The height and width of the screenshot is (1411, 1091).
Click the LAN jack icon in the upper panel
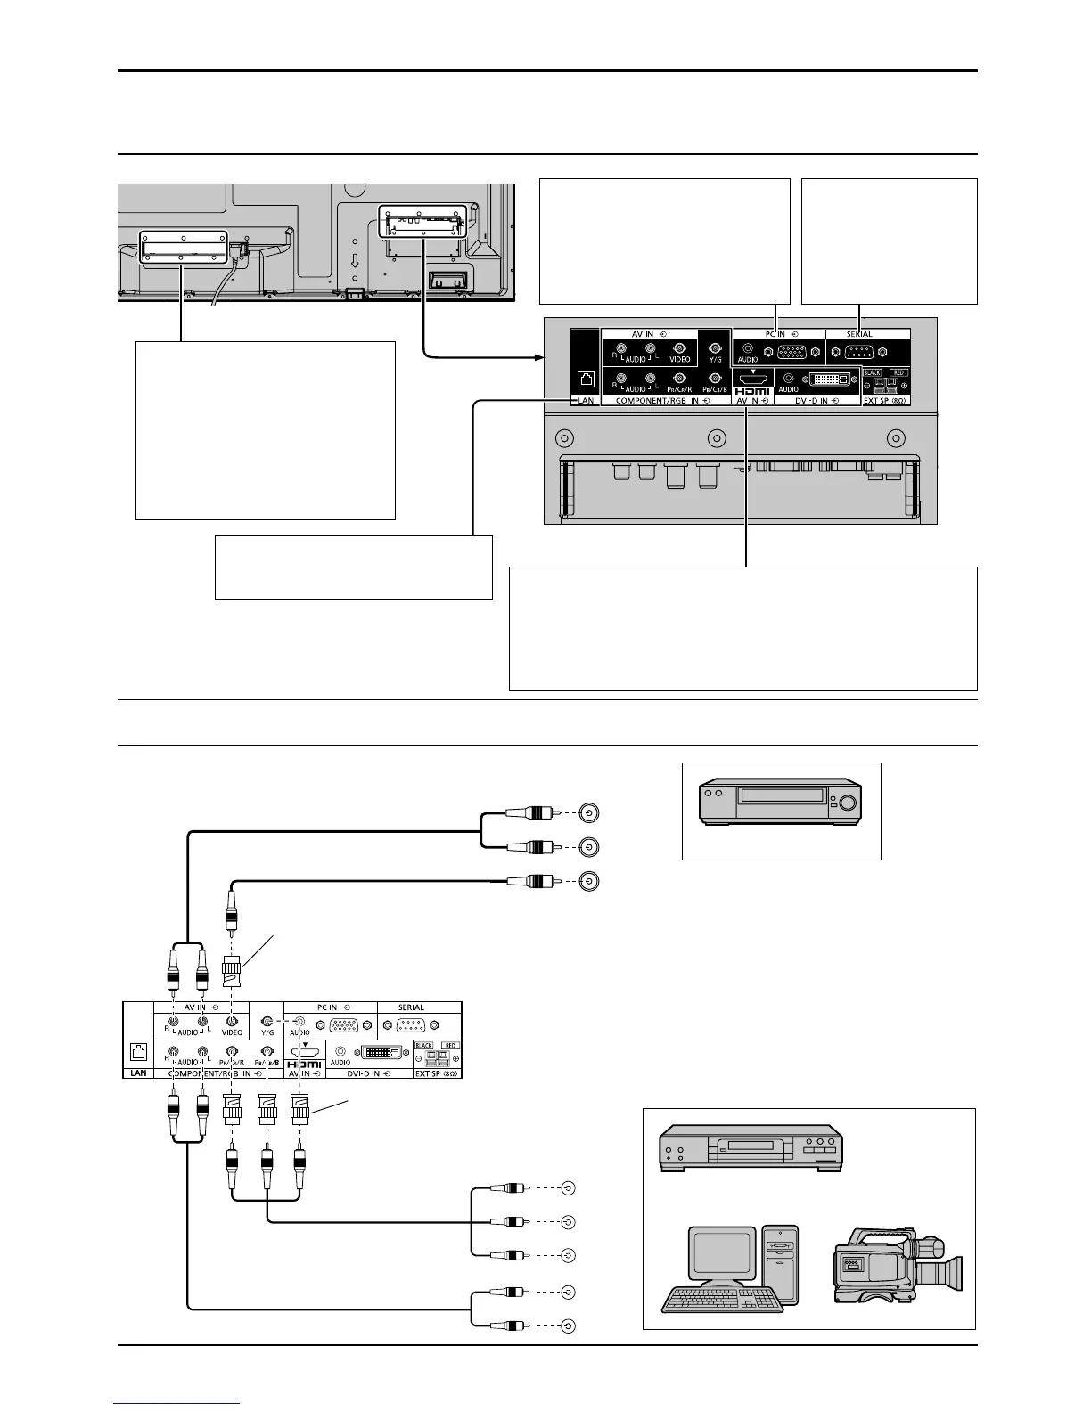[x=586, y=379]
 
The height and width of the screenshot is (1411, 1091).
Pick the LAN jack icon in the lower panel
[x=138, y=1049]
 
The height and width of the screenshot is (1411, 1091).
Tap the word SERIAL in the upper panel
[x=859, y=334]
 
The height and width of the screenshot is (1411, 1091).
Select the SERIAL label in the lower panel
[x=411, y=1007]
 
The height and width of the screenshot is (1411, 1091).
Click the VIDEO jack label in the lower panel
[x=232, y=1032]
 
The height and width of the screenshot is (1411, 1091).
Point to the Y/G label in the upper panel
[x=715, y=359]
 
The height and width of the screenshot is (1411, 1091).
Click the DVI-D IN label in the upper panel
[x=817, y=401]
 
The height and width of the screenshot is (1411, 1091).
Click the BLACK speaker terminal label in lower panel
[x=424, y=1045]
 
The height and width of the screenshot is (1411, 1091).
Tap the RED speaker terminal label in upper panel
[x=898, y=372]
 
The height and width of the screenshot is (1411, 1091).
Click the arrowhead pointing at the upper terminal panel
[x=538, y=357]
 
